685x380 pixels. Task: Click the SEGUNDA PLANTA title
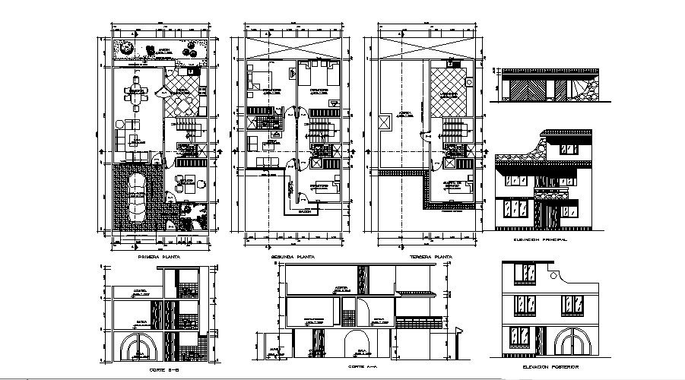[x=293, y=258]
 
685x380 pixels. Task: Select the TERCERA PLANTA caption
[x=430, y=258]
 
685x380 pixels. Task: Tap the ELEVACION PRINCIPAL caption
[x=541, y=239]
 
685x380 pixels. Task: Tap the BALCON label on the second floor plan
[x=304, y=211]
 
